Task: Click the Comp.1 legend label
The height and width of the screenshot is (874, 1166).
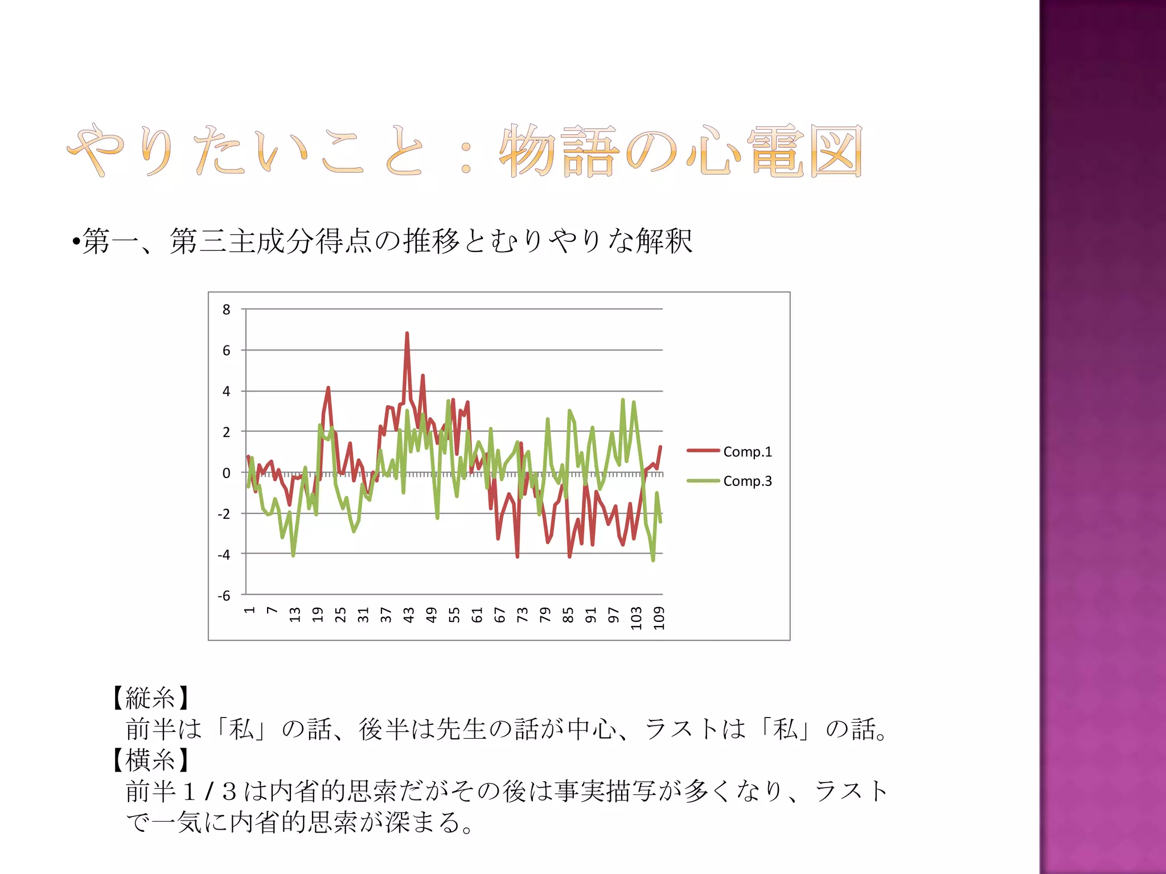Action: (x=747, y=452)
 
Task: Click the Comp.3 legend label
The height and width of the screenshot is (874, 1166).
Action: (x=747, y=481)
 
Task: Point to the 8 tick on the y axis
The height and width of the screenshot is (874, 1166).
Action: (x=227, y=310)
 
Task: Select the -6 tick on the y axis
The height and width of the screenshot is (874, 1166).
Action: (x=224, y=596)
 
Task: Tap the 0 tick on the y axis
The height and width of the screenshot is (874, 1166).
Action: (x=227, y=473)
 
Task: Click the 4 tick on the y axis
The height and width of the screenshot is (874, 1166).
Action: (x=227, y=391)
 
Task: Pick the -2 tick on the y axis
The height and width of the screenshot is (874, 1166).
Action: (x=224, y=514)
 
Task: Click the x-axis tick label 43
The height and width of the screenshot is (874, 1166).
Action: (x=408, y=615)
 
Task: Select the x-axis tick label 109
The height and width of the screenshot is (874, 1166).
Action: (x=659, y=618)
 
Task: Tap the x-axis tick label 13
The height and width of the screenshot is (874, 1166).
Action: (x=294, y=615)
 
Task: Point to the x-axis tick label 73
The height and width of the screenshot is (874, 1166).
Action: (x=522, y=615)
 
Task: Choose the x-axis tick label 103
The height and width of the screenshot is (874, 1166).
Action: (x=636, y=618)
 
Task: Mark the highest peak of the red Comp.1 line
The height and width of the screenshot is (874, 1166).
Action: (x=407, y=333)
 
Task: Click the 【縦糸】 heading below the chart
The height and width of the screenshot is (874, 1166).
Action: (x=150, y=698)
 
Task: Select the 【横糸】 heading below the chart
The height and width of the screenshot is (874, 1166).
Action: (x=150, y=759)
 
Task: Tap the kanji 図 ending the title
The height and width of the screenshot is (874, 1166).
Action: (x=835, y=151)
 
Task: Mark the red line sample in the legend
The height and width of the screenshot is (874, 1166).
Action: (x=703, y=451)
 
